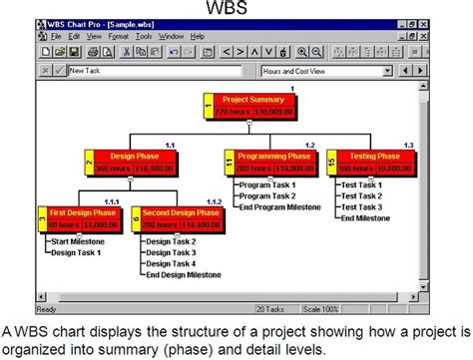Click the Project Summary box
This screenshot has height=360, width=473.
click(248, 106)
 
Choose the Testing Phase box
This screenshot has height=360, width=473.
click(375, 164)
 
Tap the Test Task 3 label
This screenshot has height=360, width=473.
click(360, 206)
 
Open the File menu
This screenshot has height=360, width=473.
click(57, 36)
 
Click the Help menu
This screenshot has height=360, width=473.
click(197, 36)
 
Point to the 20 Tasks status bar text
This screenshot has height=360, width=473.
click(270, 295)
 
